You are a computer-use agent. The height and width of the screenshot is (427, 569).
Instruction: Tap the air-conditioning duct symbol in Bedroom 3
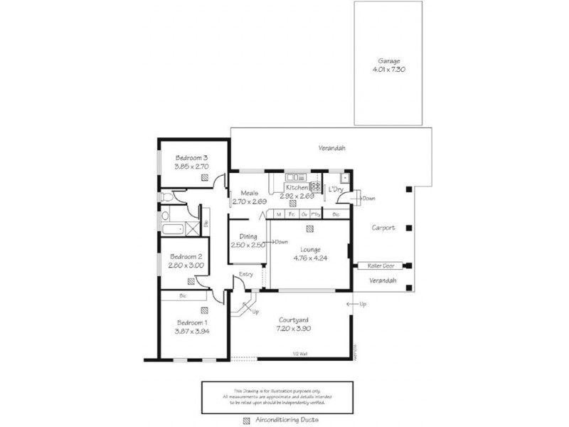pos(205,177)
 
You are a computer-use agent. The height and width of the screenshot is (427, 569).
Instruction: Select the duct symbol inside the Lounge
pos(309,229)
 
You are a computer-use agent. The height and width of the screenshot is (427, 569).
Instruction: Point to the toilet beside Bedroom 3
pos(166,196)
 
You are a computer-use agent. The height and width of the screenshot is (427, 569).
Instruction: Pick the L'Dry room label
pos(334,189)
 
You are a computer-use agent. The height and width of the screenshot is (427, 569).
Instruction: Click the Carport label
pos(383,228)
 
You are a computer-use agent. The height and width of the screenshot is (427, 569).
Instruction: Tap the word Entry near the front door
pos(246,274)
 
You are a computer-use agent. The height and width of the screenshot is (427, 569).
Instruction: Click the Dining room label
pos(248,237)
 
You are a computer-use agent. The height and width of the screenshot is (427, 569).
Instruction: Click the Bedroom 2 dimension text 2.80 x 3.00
pos(186,265)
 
